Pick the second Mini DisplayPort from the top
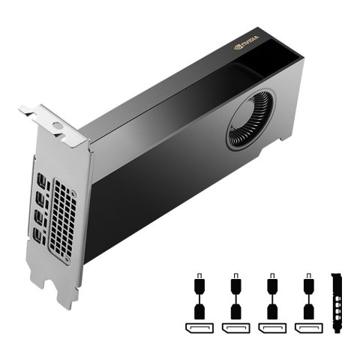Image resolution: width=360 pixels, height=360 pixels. tap(39, 200)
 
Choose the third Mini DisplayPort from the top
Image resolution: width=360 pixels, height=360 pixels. tap(40, 220)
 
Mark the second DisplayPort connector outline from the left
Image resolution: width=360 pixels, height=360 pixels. tap(235, 328)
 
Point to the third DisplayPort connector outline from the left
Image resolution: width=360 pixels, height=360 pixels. tap(271, 328)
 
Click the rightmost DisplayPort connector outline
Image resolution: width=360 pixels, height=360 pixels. tap(307, 328)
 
